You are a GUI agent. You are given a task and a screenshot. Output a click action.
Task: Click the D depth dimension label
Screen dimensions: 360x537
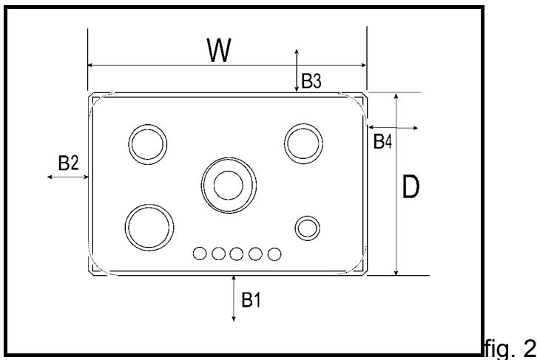coord(411,189)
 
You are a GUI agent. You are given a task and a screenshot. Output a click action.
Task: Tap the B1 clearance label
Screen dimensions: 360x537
coord(251,299)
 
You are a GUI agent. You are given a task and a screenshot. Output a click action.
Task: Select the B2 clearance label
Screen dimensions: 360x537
coord(68,163)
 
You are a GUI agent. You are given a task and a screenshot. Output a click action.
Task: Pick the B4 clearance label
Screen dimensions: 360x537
coord(382,141)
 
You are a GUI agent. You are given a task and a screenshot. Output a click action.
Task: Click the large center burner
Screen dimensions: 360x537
coord(228,182)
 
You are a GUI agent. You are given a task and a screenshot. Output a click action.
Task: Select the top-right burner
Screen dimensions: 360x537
coord(303,143)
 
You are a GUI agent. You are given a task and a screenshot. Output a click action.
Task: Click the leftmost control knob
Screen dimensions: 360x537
coord(200,254)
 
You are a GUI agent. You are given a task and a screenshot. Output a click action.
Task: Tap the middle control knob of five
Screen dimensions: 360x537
coord(237,254)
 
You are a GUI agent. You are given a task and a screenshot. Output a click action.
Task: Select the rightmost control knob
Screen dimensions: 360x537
coord(274,254)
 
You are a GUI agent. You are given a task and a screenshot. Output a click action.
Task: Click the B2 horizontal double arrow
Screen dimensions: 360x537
coord(67,177)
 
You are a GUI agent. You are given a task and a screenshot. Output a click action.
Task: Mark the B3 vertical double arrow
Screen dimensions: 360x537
coord(297,71)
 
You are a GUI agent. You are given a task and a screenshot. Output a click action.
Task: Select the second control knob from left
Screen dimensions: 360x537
coord(219,254)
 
